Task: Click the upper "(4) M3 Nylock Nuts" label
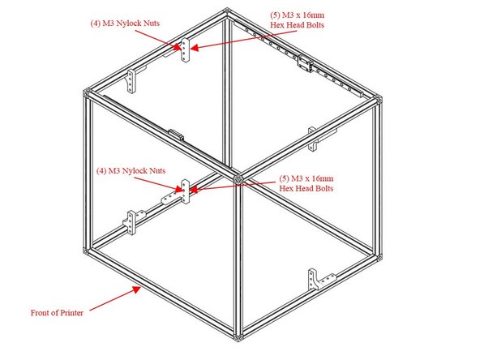[x=126, y=24]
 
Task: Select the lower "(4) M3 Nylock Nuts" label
[x=131, y=171]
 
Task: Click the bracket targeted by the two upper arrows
[x=185, y=52]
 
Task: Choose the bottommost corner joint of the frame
[x=239, y=335]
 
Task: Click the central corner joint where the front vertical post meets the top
[x=238, y=176]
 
